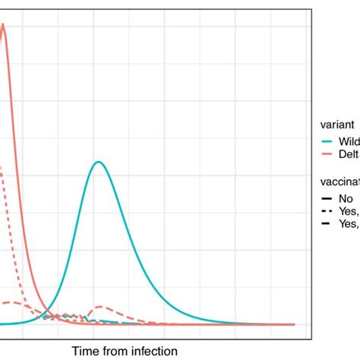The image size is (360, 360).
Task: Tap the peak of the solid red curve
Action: [x=3, y=24]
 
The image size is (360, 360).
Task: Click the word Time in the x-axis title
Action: [x=86, y=350]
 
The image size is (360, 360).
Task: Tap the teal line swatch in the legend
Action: [x=328, y=142]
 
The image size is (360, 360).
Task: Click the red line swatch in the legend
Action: [x=328, y=154]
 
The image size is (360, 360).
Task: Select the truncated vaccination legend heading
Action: [x=341, y=182]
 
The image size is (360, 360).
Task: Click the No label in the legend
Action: [x=346, y=198]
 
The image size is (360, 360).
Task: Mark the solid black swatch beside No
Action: [x=328, y=198]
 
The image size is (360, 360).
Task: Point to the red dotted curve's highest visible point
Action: [x=2, y=168]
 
